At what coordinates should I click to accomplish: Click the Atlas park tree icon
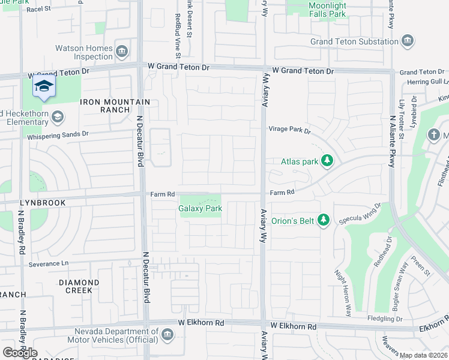coord(327,161)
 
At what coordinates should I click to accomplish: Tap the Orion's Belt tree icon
coord(323,220)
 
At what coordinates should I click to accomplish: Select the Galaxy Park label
coord(200,209)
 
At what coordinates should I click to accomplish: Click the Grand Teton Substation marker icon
coord(408,41)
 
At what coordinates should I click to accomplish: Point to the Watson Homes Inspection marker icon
coord(122,52)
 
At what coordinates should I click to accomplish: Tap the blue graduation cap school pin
coord(44,88)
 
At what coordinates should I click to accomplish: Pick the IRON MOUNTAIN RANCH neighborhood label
coord(105,106)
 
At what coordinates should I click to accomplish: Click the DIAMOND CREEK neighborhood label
coord(79,286)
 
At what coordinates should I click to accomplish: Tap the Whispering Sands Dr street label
coord(58,136)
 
